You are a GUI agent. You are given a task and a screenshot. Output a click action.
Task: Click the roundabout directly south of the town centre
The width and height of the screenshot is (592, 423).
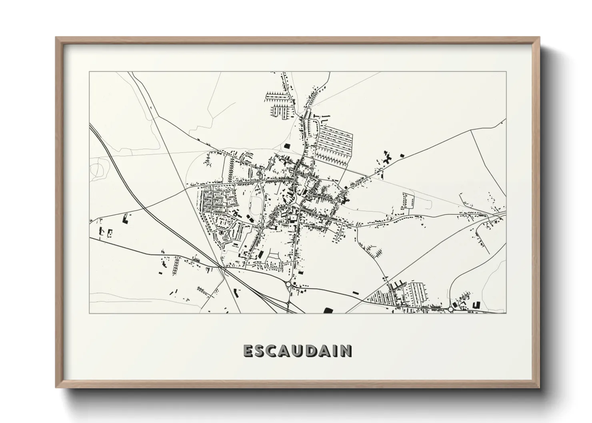[288, 285]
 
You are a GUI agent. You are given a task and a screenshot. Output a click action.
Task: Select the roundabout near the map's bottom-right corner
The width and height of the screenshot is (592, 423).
[451, 309]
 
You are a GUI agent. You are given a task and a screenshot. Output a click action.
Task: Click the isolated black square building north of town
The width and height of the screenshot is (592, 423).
[286, 146]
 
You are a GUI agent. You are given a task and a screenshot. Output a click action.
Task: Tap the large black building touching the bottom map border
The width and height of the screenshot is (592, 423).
[328, 310]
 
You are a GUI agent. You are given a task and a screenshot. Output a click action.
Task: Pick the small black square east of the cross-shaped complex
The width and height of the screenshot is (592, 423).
[402, 155]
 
